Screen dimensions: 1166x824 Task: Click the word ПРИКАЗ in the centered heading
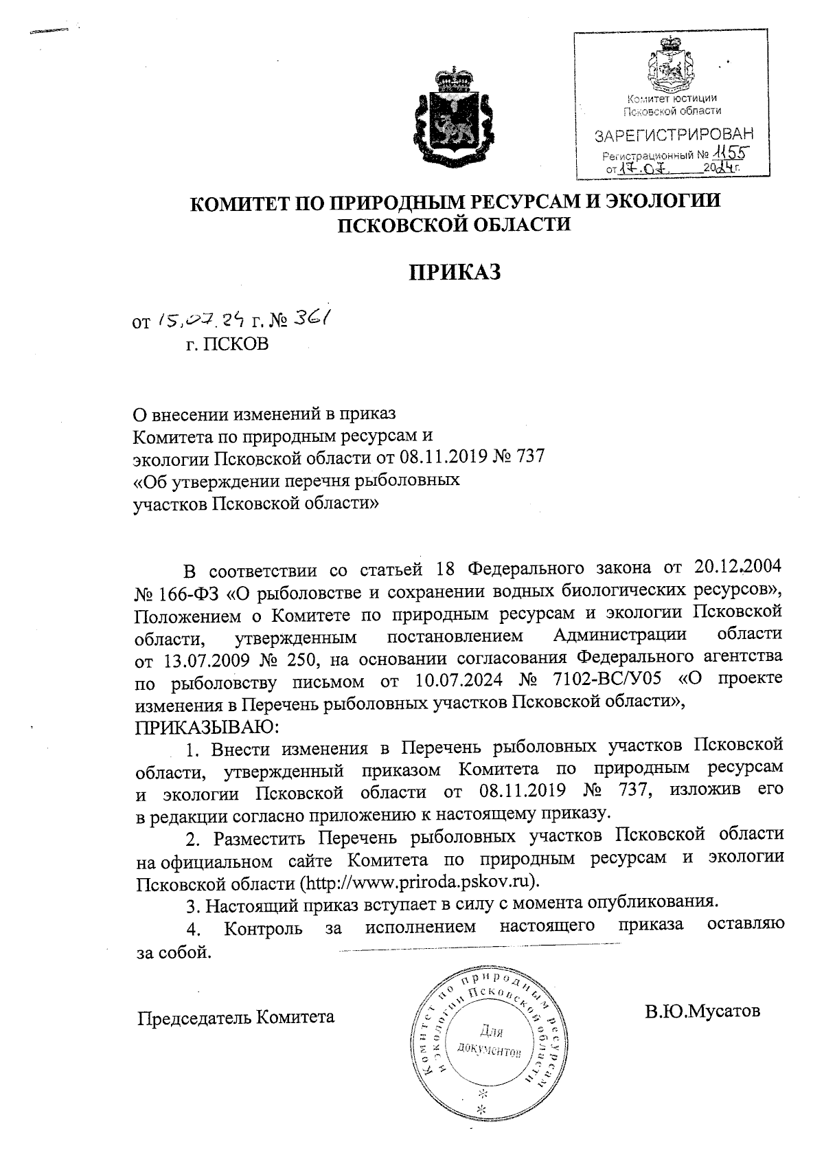[456, 273]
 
